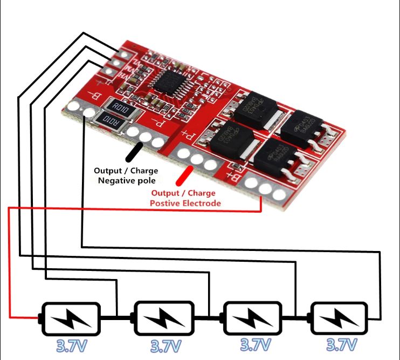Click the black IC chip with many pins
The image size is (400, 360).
pos(169,80)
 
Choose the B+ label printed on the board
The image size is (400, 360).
pos(235,175)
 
